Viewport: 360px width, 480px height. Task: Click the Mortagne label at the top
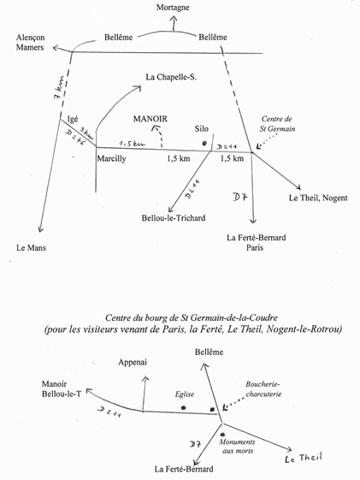(173, 8)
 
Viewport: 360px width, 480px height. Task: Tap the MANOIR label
(150, 119)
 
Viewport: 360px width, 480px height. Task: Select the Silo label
(202, 128)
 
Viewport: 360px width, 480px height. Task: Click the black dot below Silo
(204, 143)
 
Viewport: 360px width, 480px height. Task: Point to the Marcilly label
(112, 158)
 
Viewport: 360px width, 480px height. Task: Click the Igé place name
(73, 119)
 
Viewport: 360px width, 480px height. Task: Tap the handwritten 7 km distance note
(59, 88)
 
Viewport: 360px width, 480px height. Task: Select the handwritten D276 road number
(76, 138)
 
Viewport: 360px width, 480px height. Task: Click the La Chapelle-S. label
(171, 77)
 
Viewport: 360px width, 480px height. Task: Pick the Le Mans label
(31, 247)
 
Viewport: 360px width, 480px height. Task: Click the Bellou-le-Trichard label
(174, 218)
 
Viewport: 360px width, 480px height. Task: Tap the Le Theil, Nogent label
(318, 198)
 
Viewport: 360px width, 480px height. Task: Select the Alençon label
(30, 38)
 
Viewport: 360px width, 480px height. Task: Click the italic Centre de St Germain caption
(277, 124)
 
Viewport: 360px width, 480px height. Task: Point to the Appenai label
(133, 362)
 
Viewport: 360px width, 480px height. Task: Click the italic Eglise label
(185, 394)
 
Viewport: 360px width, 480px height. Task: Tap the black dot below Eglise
(184, 407)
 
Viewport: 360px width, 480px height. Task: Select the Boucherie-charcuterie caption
(263, 388)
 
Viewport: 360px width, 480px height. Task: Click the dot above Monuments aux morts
(222, 435)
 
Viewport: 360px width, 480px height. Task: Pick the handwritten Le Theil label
(304, 458)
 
